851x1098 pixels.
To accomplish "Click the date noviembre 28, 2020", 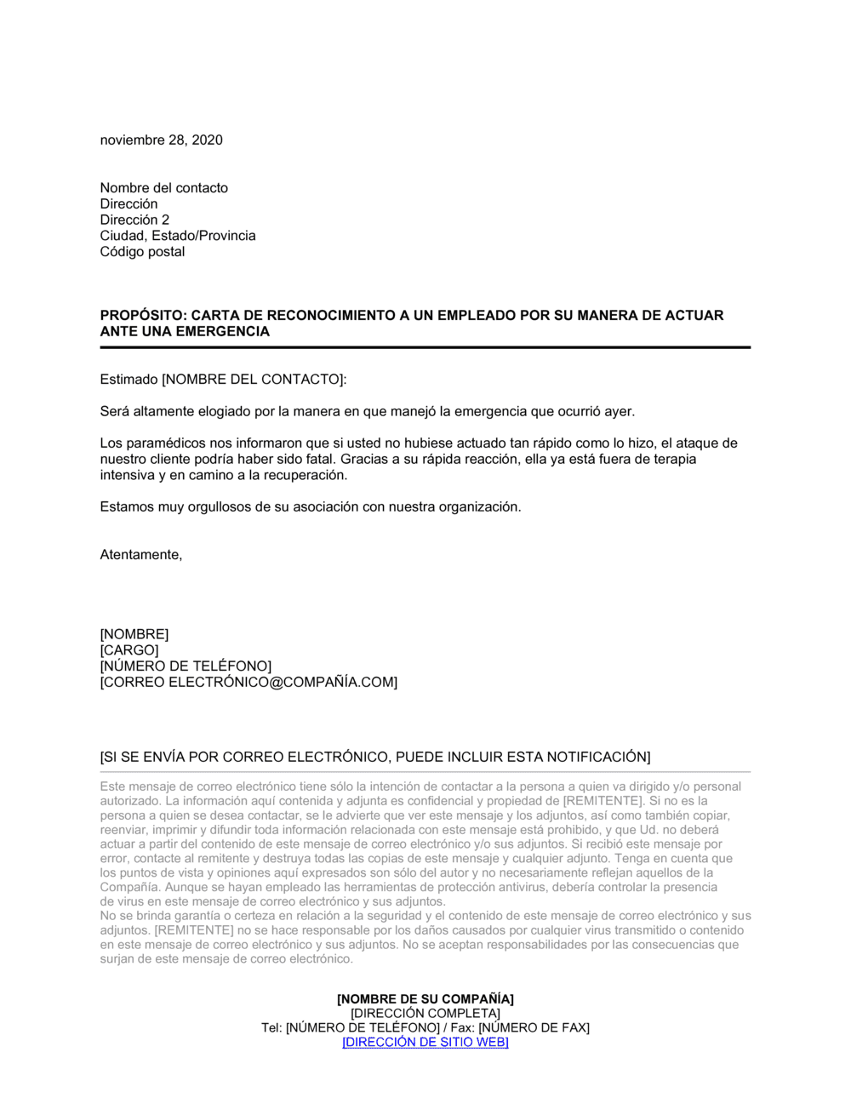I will pos(161,140).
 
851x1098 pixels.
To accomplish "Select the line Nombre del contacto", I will pos(163,188).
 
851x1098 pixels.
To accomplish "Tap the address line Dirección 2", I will pos(134,220).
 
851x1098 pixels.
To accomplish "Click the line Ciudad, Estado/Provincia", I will pos(177,236).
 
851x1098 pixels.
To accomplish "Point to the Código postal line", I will pos(142,252).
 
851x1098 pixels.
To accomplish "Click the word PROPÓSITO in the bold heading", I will pos(140,316).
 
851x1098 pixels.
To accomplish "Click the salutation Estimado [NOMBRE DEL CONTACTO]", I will pos(223,380).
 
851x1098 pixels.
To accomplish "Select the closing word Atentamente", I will pos(140,555).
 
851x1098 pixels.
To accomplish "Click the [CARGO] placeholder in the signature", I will pos(129,650).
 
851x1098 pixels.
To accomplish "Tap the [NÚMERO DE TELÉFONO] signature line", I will pos(186,666).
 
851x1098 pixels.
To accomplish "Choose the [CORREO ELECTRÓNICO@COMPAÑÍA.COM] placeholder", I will pos(248,683).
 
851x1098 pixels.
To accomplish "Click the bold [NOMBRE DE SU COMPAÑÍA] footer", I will pos(425,999).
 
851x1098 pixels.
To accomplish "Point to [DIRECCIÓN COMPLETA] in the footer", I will pos(425,1014).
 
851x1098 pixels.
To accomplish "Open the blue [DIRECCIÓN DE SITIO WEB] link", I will pos(425,1043).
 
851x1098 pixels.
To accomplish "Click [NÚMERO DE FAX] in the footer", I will pos(534,1028).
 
